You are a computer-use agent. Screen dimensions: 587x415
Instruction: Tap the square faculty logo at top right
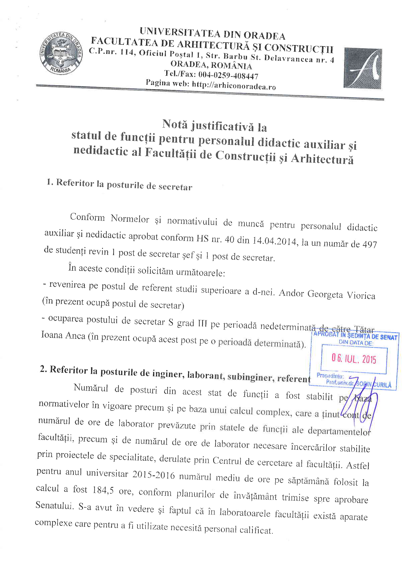click(363, 68)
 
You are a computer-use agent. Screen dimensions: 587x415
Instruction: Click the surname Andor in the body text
click(291, 293)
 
